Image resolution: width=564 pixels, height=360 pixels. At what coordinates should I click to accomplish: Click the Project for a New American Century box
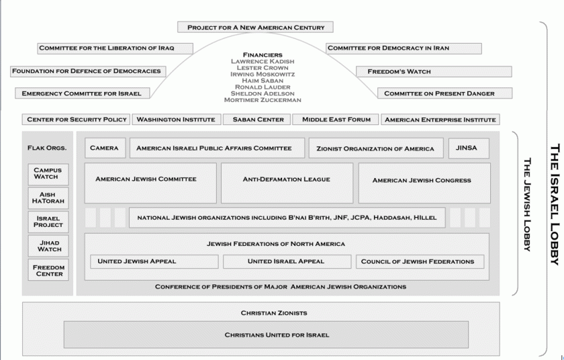pyautogui.click(x=256, y=28)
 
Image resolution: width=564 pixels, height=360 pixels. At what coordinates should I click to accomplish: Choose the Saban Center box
pyautogui.click(x=258, y=120)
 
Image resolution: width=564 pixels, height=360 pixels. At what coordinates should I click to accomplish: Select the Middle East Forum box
pyautogui.click(x=336, y=120)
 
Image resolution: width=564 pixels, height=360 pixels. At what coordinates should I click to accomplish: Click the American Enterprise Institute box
pyautogui.click(x=440, y=120)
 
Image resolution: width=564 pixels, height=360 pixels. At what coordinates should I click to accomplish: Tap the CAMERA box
pyautogui.click(x=104, y=148)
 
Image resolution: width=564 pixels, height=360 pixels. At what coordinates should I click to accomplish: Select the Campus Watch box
pyautogui.click(x=48, y=174)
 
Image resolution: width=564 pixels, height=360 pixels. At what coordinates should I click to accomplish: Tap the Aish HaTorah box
pyautogui.click(x=48, y=197)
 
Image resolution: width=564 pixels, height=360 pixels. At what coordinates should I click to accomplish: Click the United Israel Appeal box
pyautogui.click(x=286, y=261)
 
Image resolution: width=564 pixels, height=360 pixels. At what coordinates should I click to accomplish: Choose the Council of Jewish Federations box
pyautogui.click(x=418, y=261)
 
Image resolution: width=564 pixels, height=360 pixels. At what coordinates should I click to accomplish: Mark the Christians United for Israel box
pyautogui.click(x=267, y=334)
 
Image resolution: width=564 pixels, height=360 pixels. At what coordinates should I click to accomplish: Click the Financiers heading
pyautogui.click(x=262, y=54)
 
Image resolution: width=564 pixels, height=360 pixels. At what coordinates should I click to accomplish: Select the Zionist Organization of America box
pyautogui.click(x=376, y=148)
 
